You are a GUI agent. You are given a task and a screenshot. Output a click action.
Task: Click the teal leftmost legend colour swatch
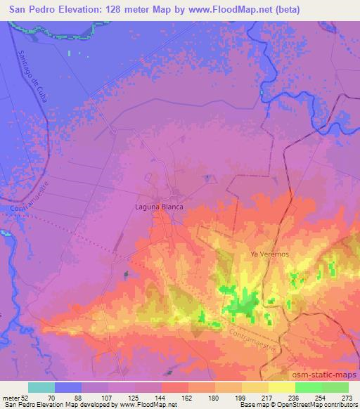(41, 387)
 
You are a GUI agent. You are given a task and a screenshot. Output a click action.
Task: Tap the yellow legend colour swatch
(282, 387)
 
